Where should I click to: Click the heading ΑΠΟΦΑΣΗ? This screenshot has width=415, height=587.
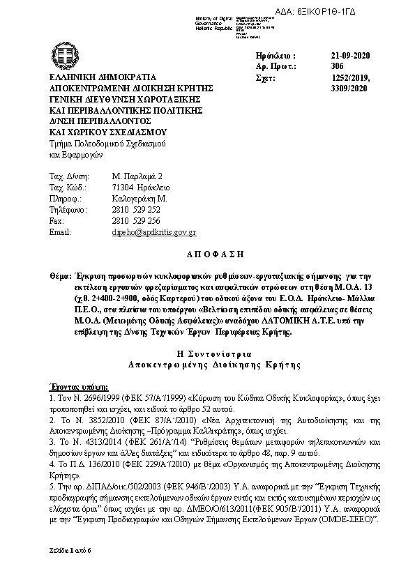coord(207,255)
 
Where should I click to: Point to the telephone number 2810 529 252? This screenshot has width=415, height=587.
coord(136,209)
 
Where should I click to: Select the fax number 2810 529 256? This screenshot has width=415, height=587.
coord(136,220)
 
